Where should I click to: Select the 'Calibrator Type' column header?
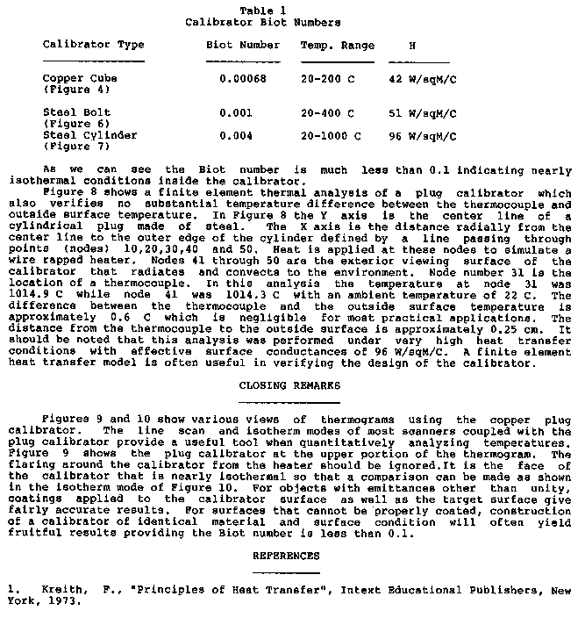94,45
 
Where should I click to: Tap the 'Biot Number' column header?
243,45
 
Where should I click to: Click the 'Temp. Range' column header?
338,45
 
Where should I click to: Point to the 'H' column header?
412,45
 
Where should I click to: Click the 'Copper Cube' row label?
80,78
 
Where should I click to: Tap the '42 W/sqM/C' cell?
422,78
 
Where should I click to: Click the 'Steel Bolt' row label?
77,113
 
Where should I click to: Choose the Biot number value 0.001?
236,113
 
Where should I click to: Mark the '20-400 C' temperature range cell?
327,113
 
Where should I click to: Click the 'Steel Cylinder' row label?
90,136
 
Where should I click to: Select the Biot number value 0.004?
236,136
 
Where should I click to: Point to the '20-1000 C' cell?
331,136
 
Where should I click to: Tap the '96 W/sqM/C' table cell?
422,136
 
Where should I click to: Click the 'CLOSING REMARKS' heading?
286,384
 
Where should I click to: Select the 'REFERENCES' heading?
286,556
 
